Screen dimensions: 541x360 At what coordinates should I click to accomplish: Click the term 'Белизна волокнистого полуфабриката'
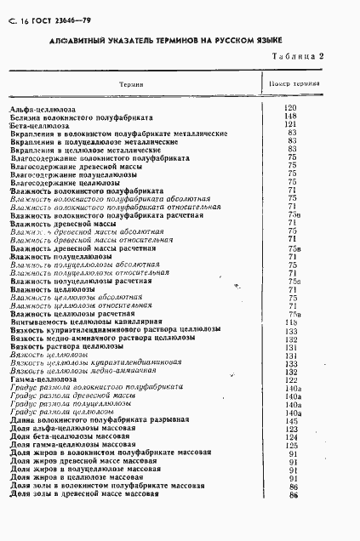tap(80, 117)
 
